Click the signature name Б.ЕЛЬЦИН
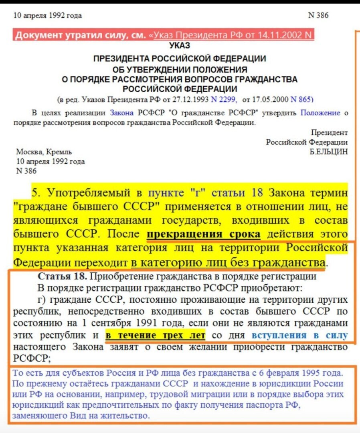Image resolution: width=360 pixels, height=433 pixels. point(329,152)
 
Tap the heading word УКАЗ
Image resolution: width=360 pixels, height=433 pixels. point(180,46)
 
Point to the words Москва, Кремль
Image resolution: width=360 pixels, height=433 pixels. point(44,152)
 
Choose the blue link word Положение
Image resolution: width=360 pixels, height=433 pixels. point(320,113)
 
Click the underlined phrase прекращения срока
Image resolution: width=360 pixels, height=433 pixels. point(203,234)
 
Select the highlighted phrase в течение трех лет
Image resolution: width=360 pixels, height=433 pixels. point(155,335)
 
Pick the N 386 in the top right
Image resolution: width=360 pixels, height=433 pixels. point(318,15)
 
